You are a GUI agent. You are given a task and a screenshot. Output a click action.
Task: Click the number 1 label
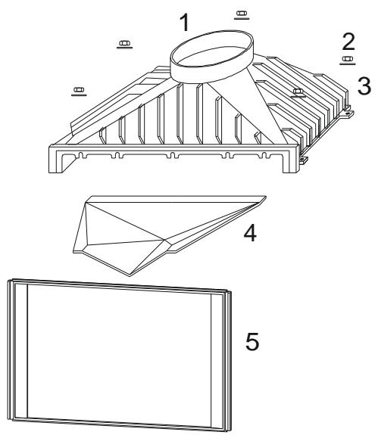(x=184, y=22)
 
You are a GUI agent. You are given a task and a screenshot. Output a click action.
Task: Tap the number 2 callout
(x=348, y=42)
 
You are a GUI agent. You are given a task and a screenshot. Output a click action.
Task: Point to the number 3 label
(x=364, y=85)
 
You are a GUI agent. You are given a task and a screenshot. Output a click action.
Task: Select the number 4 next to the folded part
(x=250, y=233)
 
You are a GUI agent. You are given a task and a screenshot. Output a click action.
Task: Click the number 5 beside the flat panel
(x=252, y=341)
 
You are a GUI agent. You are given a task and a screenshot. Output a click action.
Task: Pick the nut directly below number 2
(x=347, y=59)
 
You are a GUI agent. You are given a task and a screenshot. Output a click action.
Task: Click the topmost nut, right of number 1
(x=242, y=14)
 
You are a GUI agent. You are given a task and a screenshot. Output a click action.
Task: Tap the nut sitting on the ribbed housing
(x=298, y=91)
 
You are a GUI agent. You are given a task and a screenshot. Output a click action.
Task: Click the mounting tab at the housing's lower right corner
(x=304, y=160)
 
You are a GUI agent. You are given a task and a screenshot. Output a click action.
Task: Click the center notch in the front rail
(x=173, y=155)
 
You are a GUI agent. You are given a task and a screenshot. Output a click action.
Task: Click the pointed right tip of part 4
(x=266, y=197)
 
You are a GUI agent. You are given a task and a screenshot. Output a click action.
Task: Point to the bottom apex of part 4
(x=130, y=276)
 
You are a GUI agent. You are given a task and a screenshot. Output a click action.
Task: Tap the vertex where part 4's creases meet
(x=164, y=239)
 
